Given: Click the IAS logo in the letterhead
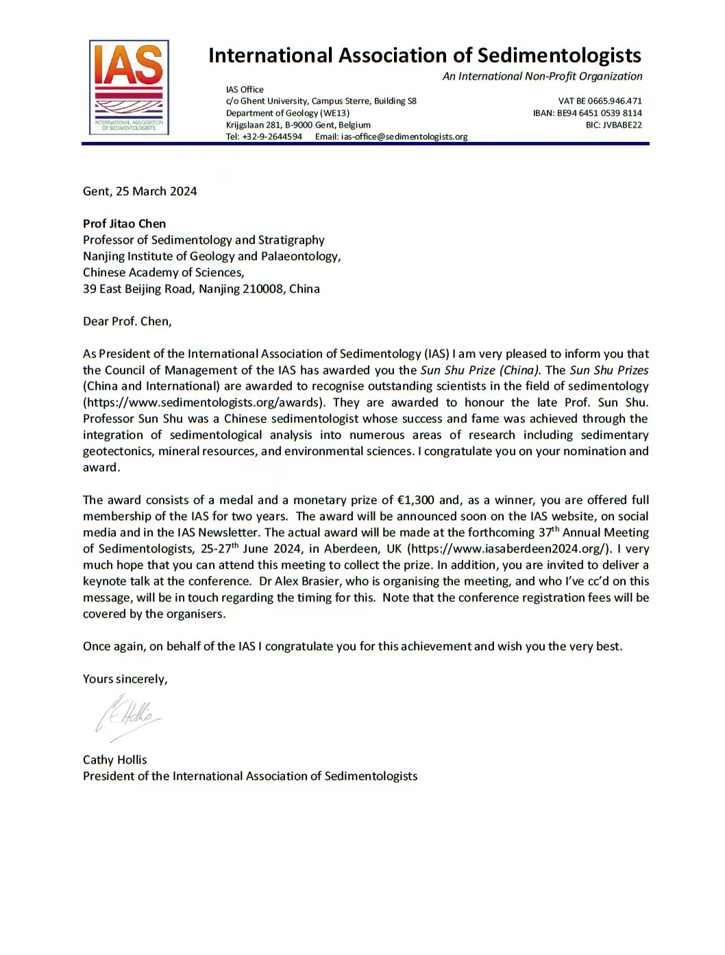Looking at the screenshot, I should pos(129,87).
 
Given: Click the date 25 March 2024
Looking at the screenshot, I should pos(156,191).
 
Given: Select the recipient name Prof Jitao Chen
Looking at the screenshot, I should pos(124,223).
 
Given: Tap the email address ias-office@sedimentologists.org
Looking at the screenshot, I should pos(404,136).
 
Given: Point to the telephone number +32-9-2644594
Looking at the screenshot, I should pos(272,136).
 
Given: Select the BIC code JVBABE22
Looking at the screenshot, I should pos(622,125).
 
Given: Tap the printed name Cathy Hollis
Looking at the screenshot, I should pos(115,760).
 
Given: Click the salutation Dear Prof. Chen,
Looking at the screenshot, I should pos(127,322).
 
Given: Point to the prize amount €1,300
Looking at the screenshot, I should pos(415,500).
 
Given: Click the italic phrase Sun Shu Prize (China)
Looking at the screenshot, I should pos(480,370).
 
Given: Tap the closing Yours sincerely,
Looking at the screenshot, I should pos(125,679).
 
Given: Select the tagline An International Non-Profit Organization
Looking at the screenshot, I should pos(542,76).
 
